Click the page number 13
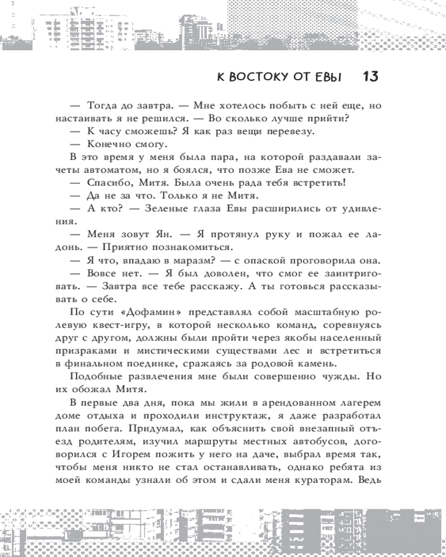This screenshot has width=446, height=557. click(x=370, y=76)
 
